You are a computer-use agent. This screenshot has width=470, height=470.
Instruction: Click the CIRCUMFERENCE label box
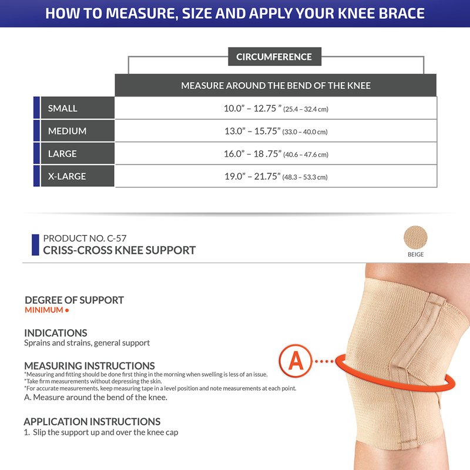(274, 56)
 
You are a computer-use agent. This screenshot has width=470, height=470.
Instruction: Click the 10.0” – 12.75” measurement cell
(276, 108)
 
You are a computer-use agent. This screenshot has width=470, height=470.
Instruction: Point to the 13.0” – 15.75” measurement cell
(276, 131)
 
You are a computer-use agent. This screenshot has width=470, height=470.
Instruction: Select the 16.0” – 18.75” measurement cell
(276, 153)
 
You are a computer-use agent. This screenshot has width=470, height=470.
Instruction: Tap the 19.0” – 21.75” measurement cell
(276, 176)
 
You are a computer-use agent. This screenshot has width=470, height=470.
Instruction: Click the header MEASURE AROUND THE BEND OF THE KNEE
(276, 85)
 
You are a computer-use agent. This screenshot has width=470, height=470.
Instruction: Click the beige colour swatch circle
(415, 237)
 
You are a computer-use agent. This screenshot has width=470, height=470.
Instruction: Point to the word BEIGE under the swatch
(415, 254)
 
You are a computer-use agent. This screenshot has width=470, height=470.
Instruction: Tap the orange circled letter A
(296, 361)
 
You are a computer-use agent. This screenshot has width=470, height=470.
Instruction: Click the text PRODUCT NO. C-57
(85, 239)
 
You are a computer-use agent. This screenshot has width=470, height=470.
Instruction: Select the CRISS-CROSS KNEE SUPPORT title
(119, 250)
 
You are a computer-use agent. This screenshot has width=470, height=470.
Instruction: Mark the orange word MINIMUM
(43, 310)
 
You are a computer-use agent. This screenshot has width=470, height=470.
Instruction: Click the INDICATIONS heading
(56, 333)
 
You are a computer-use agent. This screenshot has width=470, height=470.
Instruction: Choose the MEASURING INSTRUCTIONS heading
(90, 366)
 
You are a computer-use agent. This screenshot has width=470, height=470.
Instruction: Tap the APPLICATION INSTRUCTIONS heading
(92, 422)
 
